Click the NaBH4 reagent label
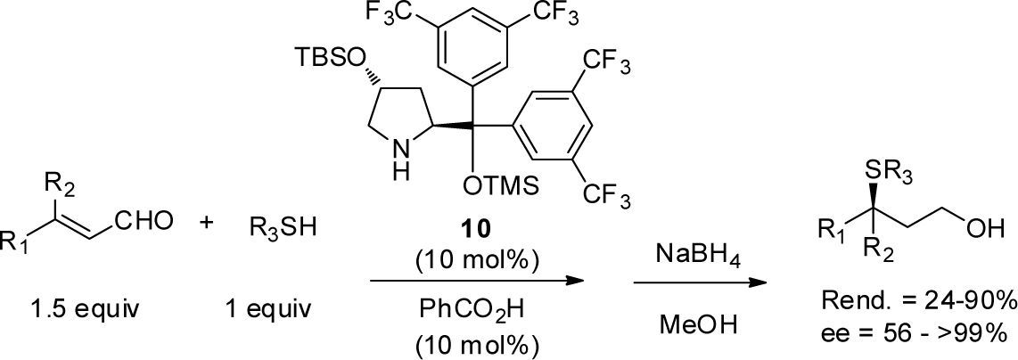(x=697, y=256)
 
